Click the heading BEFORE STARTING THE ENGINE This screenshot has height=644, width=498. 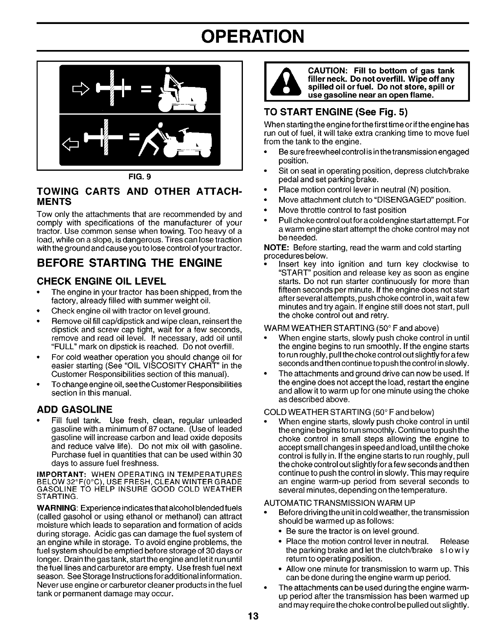129,263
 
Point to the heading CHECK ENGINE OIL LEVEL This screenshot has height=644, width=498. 101,281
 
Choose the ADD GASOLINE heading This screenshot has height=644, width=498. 74,409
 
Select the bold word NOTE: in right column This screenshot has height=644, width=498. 277,248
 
